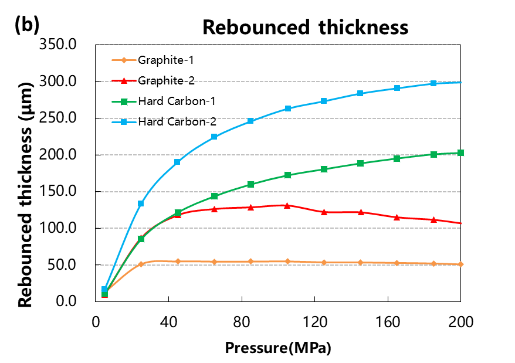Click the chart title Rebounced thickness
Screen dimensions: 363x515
(304, 27)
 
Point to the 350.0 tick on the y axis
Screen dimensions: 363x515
(62, 45)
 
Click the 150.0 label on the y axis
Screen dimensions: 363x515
(62, 191)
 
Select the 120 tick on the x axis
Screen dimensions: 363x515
(314, 321)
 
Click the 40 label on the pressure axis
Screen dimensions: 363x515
(168, 321)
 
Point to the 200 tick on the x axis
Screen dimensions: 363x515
(460, 321)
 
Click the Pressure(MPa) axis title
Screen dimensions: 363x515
(278, 347)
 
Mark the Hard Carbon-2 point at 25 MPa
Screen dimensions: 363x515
(141, 203)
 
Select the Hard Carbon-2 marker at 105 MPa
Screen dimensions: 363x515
(287, 108)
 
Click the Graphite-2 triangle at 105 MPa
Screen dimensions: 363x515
(287, 205)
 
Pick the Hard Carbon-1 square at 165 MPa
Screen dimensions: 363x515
(397, 158)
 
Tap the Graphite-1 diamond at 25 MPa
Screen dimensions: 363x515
(141, 264)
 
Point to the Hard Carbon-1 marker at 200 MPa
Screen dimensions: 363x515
(460, 153)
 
